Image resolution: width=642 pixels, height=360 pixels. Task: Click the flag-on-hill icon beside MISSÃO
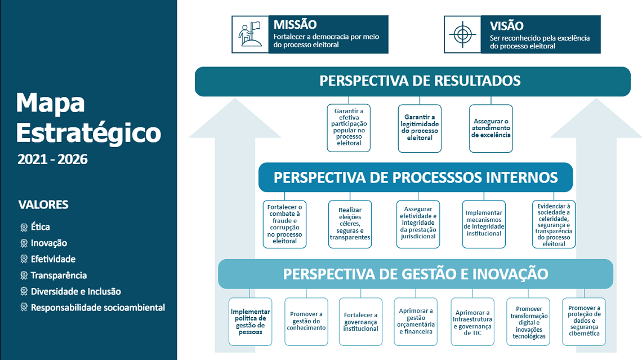pos(250,34)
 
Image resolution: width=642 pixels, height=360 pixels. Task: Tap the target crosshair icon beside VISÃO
pos(463,34)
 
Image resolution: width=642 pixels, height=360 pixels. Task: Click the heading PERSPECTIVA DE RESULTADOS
pos(420,81)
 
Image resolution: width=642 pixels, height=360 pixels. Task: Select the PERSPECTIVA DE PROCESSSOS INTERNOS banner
pos(416,177)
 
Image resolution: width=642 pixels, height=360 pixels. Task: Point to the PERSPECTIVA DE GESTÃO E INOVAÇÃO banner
pos(416,274)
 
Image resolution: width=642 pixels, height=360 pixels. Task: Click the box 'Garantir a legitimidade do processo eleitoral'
pos(420,128)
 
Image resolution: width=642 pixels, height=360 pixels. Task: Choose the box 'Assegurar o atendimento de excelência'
pos(491,128)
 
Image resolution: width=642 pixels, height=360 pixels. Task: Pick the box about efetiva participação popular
pos(349,128)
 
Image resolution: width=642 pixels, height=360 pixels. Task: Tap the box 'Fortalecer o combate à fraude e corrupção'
pos(284,224)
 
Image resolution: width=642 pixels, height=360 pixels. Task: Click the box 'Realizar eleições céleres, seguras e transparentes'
pos(350,224)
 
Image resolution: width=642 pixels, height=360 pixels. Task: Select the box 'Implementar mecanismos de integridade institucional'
pos(484,224)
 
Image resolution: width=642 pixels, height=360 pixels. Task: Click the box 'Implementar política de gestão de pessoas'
pos(250,322)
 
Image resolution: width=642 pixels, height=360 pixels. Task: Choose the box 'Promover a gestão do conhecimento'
pos(306,322)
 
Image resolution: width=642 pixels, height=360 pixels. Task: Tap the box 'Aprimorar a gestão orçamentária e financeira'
pos(416,322)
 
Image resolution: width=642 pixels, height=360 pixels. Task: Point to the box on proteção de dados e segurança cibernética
pos(584,322)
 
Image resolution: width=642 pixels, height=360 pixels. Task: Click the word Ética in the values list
pos(40,227)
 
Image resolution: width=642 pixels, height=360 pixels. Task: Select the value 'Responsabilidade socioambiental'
pos(98,308)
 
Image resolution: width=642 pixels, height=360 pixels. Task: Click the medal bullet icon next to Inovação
pos(24,243)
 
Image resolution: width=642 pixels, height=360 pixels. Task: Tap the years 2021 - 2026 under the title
pos(52,159)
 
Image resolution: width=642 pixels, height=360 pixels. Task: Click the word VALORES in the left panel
pos(43,205)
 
